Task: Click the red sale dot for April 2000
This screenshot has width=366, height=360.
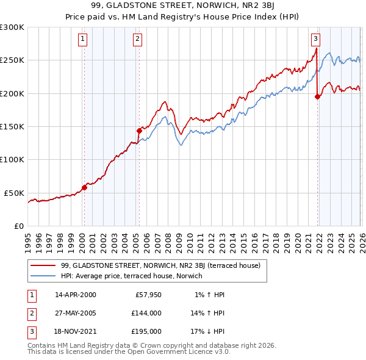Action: [x=84, y=187]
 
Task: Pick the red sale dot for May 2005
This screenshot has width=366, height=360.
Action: [x=139, y=130]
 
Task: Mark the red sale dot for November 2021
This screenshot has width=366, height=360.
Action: [x=317, y=96]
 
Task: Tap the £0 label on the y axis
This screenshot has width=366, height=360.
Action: [x=18, y=226]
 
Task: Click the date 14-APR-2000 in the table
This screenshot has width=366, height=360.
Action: [x=76, y=295]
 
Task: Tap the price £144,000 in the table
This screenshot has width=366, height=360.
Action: [x=146, y=313]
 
